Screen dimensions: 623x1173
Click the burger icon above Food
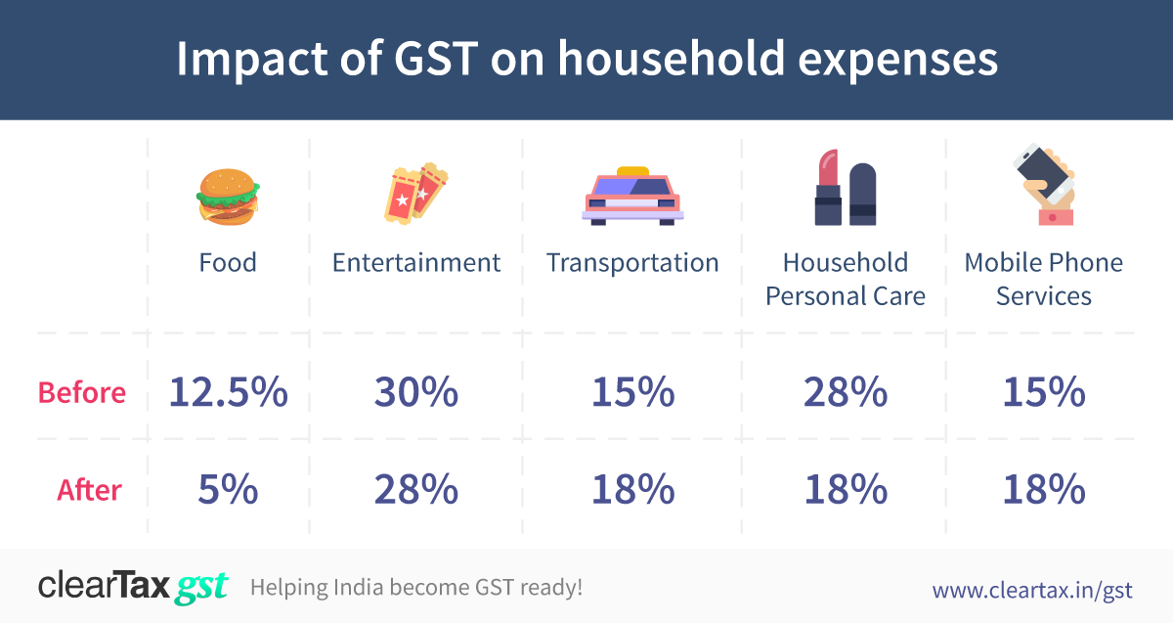(227, 198)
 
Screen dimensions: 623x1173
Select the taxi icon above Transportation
(632, 198)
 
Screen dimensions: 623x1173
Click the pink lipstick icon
(828, 188)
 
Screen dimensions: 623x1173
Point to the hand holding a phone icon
(1044, 186)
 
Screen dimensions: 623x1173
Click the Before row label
(82, 393)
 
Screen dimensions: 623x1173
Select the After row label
(89, 489)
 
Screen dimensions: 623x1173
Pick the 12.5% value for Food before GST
(228, 392)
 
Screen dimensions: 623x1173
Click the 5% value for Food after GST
(228, 489)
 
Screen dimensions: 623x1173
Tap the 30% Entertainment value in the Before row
(415, 392)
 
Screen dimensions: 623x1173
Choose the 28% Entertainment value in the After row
(415, 489)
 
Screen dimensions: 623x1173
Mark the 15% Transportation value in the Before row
(632, 392)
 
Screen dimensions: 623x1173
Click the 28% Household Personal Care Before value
(846, 392)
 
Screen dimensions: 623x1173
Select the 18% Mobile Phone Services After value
(1043, 489)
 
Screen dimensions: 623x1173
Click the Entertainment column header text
(415, 263)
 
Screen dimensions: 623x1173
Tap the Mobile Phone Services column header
(1043, 279)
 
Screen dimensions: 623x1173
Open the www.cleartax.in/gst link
(1031, 590)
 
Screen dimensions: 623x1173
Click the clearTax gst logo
(133, 587)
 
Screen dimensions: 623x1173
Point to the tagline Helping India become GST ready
(416, 588)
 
